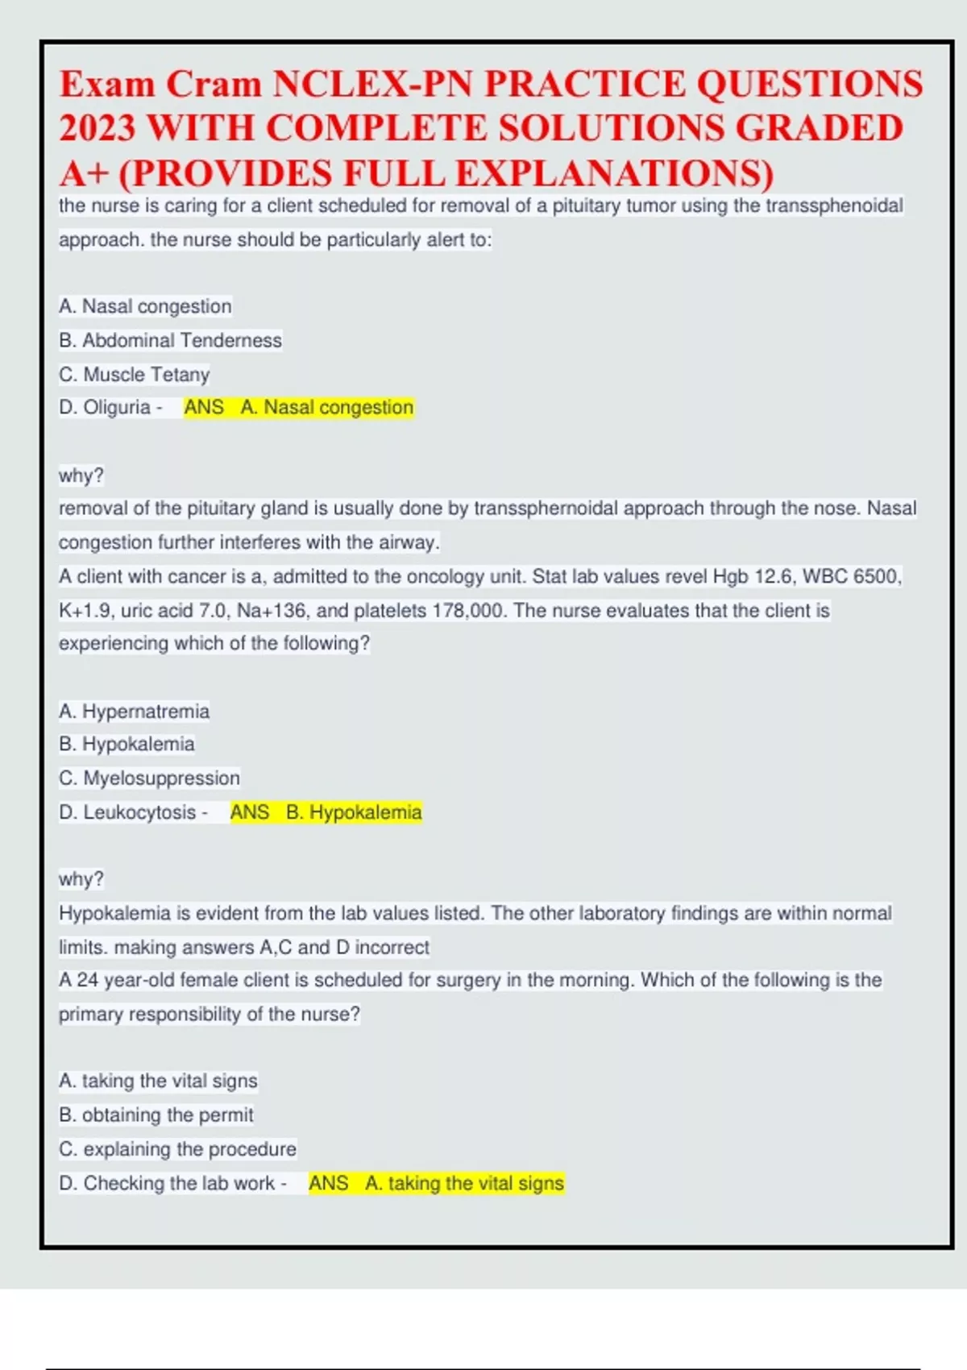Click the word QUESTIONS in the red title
(x=809, y=85)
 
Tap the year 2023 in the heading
(x=97, y=128)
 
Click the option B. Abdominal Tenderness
(x=170, y=341)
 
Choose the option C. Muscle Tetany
(x=134, y=375)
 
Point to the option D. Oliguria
(x=105, y=408)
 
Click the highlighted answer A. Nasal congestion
(x=326, y=408)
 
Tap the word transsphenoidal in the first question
(x=834, y=206)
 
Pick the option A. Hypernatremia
(x=134, y=712)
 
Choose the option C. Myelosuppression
(x=149, y=778)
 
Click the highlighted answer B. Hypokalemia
(x=353, y=812)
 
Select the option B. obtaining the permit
(x=156, y=1115)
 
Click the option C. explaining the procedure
(x=177, y=1149)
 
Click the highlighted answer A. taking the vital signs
(x=463, y=1184)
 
